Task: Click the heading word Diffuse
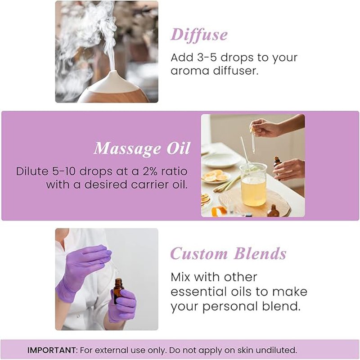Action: click(x=199, y=35)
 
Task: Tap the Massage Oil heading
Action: click(x=142, y=149)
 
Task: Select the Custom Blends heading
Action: click(x=228, y=254)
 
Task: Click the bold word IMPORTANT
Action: click(x=51, y=350)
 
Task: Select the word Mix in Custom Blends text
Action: click(x=182, y=276)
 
